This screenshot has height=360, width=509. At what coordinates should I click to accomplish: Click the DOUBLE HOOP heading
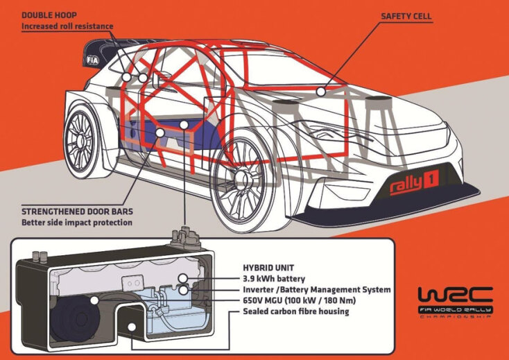[x=49, y=15]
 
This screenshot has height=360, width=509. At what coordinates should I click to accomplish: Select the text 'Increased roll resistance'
[x=67, y=26]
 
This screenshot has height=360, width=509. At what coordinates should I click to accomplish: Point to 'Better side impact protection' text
[x=76, y=223]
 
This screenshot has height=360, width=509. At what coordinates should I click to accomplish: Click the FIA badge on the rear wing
[x=92, y=60]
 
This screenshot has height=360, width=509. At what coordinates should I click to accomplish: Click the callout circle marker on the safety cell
[x=320, y=91]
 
